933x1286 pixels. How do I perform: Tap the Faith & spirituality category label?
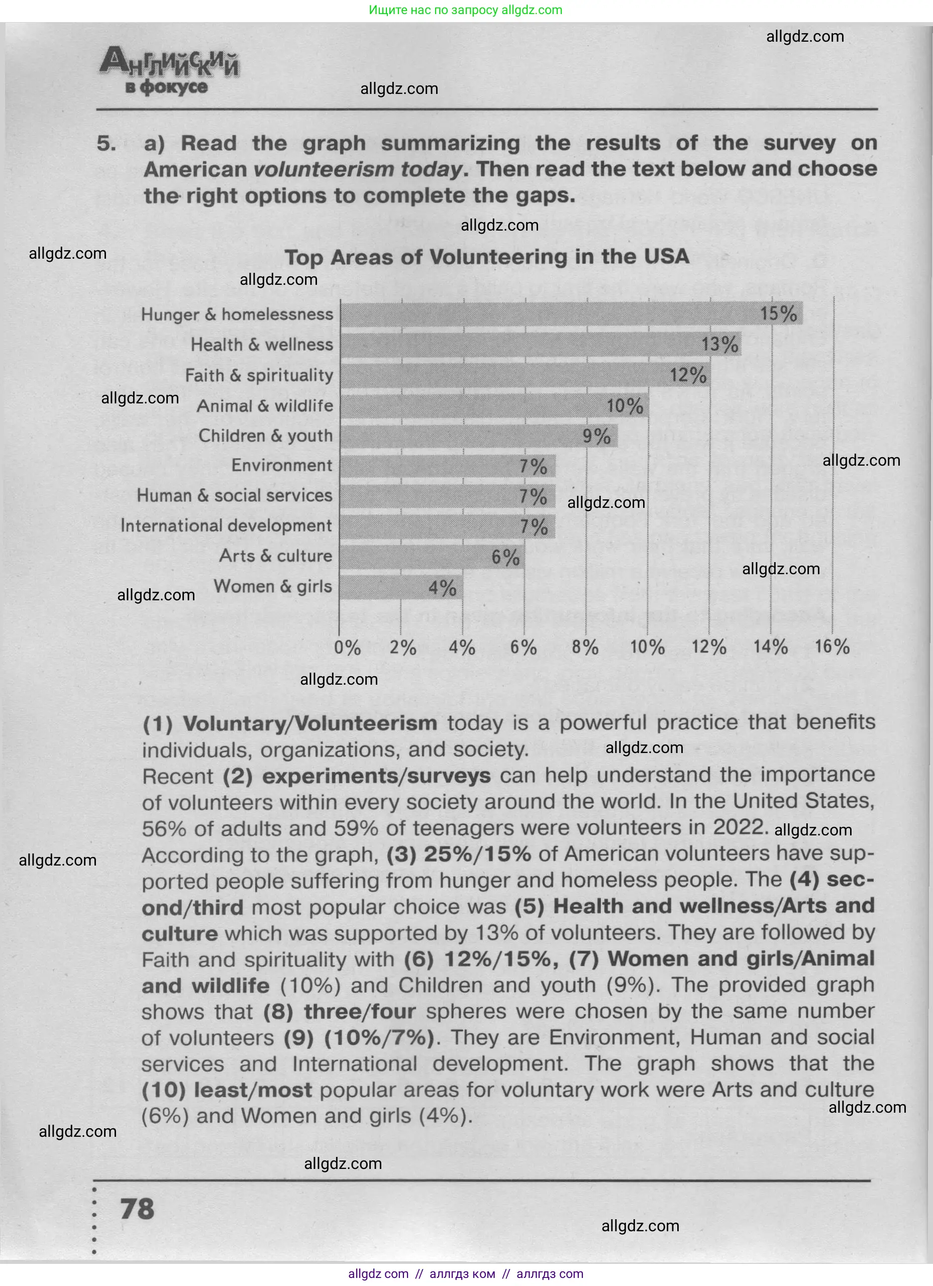[259, 375]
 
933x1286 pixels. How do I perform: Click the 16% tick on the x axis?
[832, 647]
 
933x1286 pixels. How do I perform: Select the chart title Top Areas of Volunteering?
[487, 257]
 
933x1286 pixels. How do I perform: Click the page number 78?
[137, 1209]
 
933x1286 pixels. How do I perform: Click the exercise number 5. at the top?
[106, 144]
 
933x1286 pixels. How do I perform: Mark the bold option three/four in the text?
[360, 1012]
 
